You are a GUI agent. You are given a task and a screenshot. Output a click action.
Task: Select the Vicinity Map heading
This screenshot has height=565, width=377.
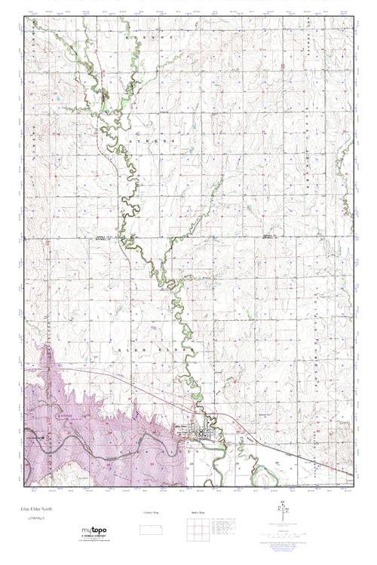point(152,512)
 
